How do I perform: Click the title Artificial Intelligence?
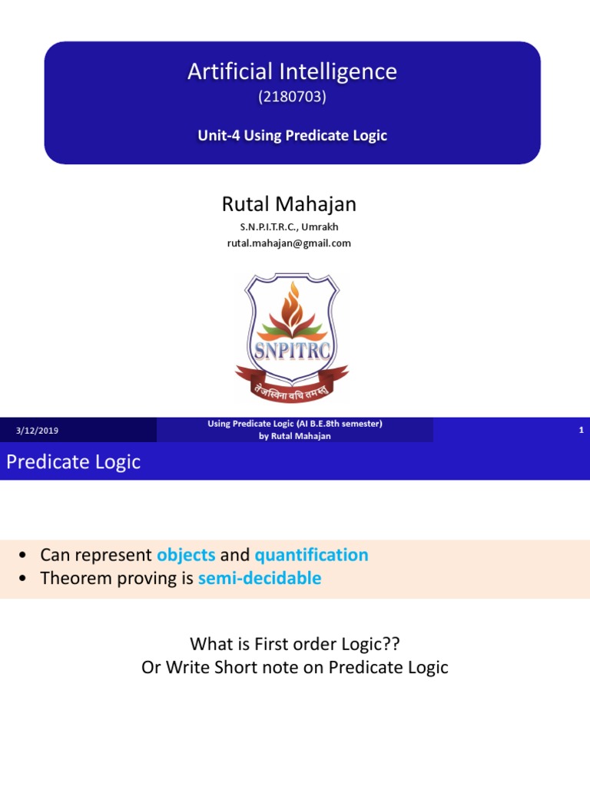click(292, 72)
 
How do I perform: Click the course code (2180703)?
click(292, 97)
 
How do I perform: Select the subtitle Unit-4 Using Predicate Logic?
click(292, 136)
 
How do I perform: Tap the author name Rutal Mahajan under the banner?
click(289, 204)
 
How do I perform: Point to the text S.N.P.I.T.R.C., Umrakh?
click(289, 226)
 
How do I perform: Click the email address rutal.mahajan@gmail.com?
click(289, 243)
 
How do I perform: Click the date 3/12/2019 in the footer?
click(37, 431)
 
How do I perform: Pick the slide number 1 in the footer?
click(582, 430)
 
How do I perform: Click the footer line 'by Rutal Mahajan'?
click(295, 436)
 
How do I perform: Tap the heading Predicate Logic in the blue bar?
click(74, 462)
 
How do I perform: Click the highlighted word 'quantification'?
click(311, 555)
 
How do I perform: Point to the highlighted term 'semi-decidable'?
click(260, 579)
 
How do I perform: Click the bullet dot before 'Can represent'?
click(23, 556)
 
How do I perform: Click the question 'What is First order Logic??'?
click(295, 643)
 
